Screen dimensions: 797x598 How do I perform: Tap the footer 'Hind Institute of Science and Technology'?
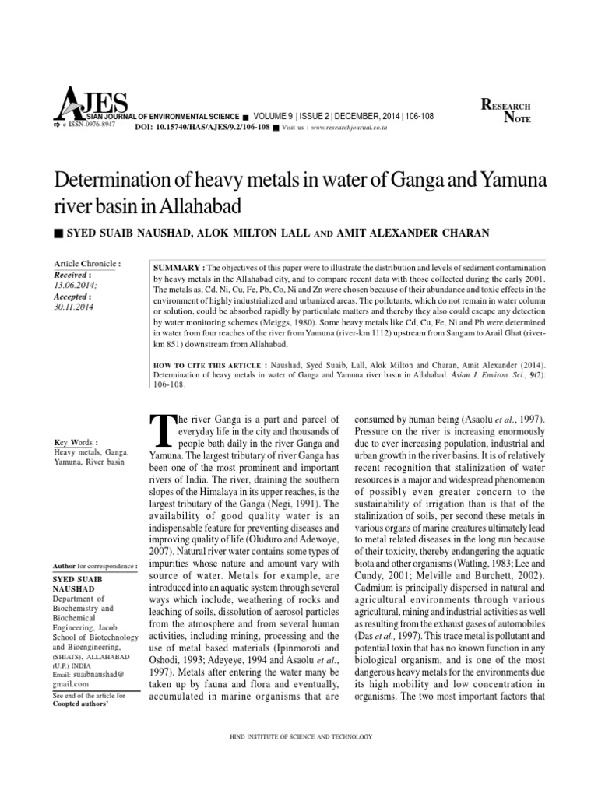[298, 736]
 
